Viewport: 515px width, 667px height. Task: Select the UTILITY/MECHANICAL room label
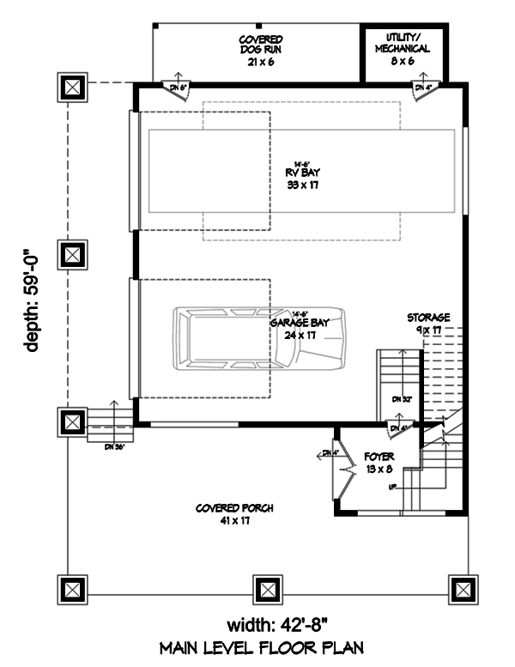(402, 44)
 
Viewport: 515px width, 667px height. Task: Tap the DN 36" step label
(114, 447)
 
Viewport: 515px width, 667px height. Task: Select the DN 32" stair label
(403, 399)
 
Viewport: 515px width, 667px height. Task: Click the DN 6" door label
(177, 88)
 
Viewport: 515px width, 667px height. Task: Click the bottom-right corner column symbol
(462, 589)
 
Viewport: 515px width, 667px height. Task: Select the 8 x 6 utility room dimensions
(402, 62)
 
